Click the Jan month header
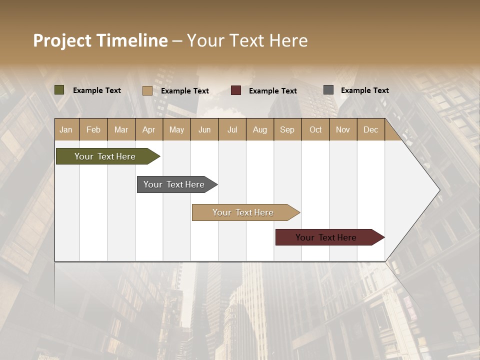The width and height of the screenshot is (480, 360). pyautogui.click(x=66, y=129)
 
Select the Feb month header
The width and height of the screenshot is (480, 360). pyautogui.click(x=93, y=129)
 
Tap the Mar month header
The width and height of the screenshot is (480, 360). pyautogui.click(x=121, y=129)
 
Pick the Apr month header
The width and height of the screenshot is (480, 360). pyautogui.click(x=148, y=129)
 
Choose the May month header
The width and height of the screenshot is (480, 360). pyautogui.click(x=176, y=129)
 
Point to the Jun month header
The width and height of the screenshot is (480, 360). pyautogui.click(x=204, y=129)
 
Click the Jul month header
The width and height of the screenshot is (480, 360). pyautogui.click(x=232, y=129)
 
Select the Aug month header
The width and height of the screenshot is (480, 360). pyautogui.click(x=259, y=129)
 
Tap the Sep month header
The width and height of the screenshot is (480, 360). pyautogui.click(x=287, y=129)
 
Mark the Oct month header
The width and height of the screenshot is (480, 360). pyautogui.click(x=315, y=129)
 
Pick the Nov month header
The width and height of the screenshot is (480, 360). pyautogui.click(x=342, y=129)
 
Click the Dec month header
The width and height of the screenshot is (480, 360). pyautogui.click(x=370, y=129)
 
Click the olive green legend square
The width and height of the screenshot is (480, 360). pyautogui.click(x=59, y=90)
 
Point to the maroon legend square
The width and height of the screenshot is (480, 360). pyautogui.click(x=236, y=90)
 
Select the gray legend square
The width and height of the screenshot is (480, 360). pyautogui.click(x=328, y=90)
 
